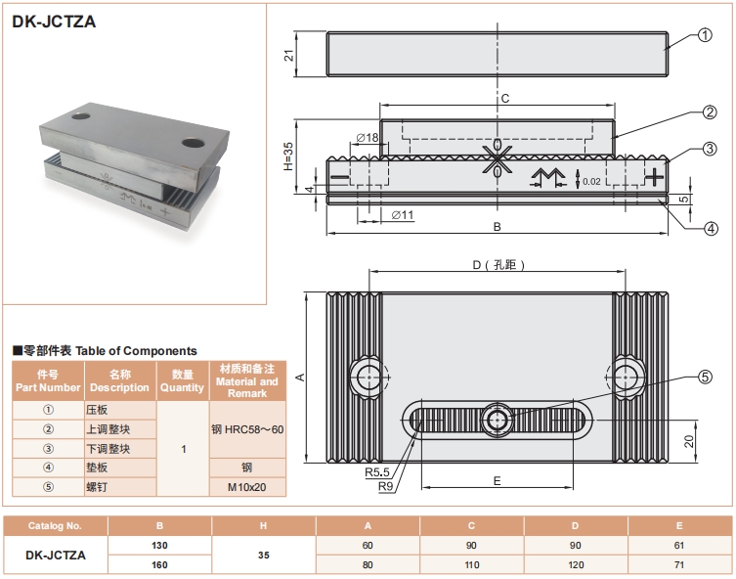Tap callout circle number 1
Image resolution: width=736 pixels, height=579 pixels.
[706, 38]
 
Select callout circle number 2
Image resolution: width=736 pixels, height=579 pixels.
[711, 112]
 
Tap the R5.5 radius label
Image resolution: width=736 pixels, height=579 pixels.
[378, 472]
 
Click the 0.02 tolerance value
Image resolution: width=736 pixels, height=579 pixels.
[591, 181]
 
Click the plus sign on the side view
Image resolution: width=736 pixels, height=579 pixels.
[653, 177]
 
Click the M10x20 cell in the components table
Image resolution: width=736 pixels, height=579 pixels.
[247, 486]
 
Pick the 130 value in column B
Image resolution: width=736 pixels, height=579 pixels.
[159, 544]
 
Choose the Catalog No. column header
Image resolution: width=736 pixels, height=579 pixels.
[55, 525]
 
